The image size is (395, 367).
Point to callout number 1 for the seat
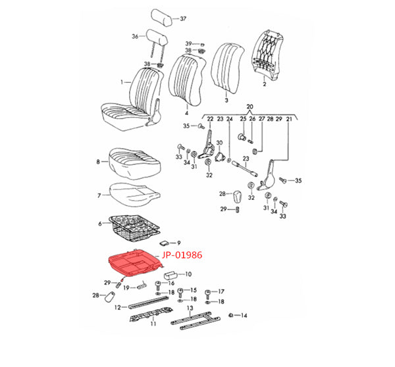point(121,82)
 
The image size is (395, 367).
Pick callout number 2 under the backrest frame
point(263,85)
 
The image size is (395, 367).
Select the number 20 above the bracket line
point(250,107)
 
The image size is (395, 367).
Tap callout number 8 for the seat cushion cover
point(98,161)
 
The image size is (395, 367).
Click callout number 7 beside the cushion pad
point(99,195)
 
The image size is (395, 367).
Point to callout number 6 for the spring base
point(101,224)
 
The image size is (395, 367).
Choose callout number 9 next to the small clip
point(178,243)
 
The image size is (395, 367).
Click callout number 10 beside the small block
point(188,274)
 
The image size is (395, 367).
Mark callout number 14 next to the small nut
point(244,316)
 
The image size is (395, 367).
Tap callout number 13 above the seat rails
point(190,308)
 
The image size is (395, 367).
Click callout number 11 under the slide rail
point(153,324)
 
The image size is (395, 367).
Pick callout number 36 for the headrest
point(134,36)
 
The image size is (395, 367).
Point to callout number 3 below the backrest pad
point(226,100)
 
